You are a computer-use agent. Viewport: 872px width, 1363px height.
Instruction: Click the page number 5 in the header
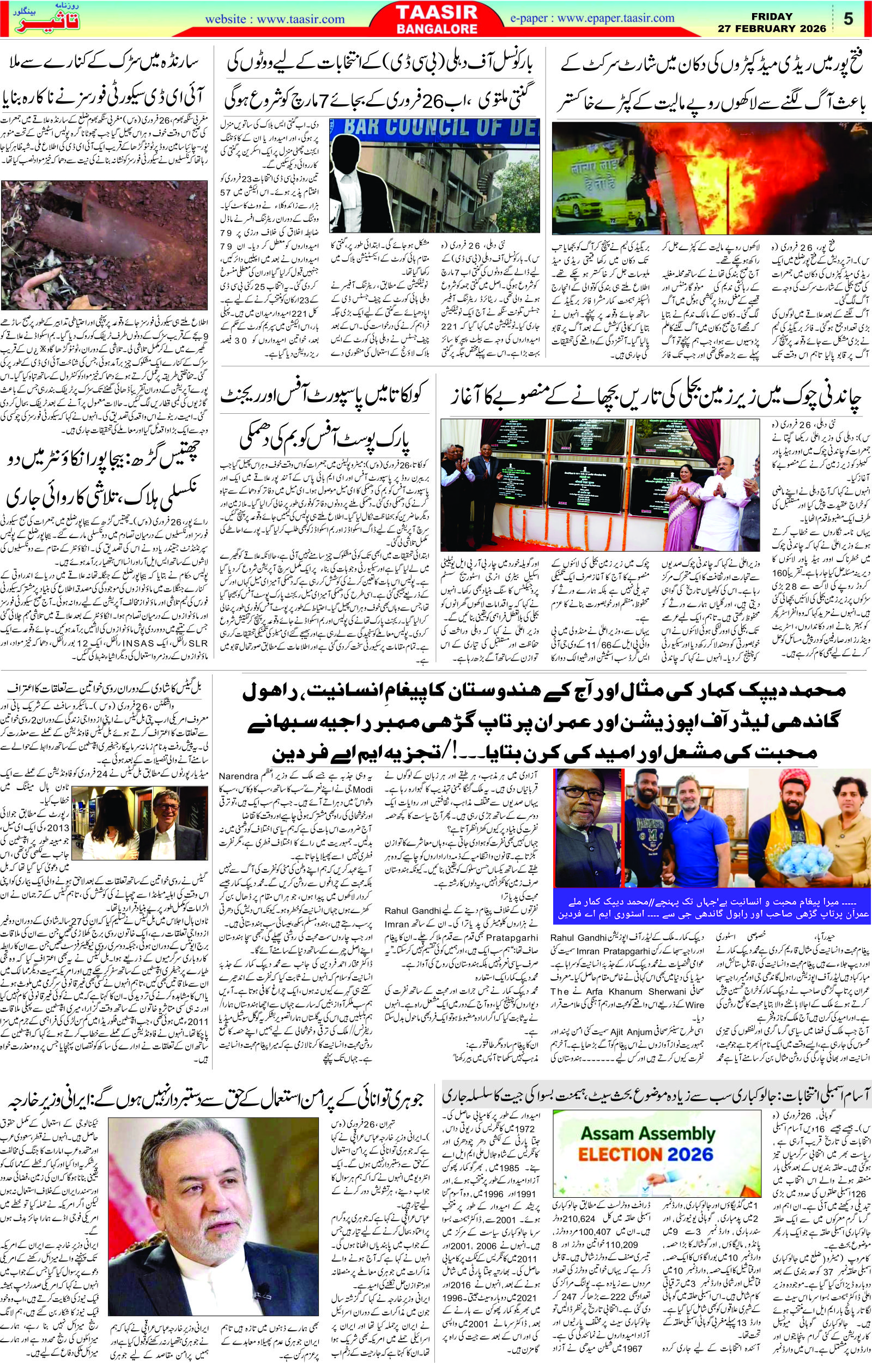pyautogui.click(x=848, y=18)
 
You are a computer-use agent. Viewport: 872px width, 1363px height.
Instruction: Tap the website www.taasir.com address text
pyautogui.click(x=275, y=19)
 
